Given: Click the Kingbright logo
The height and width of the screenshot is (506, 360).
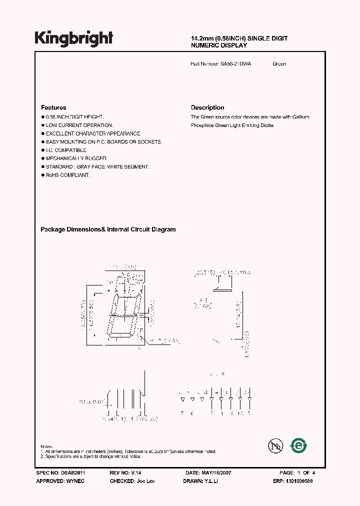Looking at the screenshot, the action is coord(73,38).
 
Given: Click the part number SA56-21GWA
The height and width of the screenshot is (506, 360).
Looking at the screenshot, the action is coord(235,64).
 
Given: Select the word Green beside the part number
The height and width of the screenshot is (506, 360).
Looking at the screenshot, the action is coord(279,64).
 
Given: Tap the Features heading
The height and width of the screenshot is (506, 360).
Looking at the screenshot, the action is coord(53,107).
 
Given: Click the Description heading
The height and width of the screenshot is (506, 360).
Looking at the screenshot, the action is coord(207,107).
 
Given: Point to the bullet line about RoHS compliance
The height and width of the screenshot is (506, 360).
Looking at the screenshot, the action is coord(67,175).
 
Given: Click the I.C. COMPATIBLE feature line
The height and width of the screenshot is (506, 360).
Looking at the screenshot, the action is coord(66,150).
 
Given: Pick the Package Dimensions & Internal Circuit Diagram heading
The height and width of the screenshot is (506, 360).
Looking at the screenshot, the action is coord(108,229).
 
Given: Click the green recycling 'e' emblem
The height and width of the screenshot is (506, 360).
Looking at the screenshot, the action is coord(299,444).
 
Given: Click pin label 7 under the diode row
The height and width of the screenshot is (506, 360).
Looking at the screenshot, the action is coord(182,413).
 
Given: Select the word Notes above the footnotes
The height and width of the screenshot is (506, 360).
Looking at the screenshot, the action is coord(46,446).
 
